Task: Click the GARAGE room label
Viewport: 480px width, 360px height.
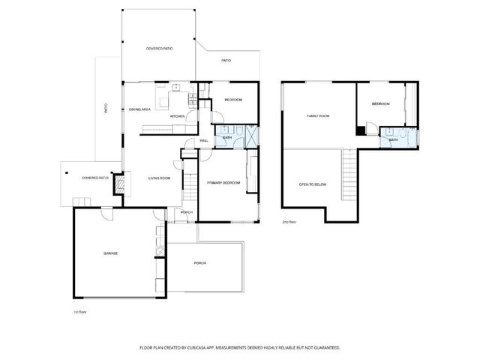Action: [x=110, y=253]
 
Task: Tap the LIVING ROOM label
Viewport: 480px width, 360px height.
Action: [x=159, y=178]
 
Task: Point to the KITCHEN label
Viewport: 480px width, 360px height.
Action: [x=177, y=116]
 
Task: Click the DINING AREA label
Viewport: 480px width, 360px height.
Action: [x=140, y=109]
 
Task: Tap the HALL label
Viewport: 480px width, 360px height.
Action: [x=204, y=140]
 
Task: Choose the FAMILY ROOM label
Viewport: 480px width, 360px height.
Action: [x=318, y=116]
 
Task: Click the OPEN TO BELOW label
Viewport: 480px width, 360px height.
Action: [x=312, y=184]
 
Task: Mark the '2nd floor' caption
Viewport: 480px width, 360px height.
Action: [x=289, y=223]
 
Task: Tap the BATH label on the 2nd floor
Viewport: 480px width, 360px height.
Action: [x=393, y=139]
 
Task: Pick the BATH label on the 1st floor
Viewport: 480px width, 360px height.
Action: [x=227, y=138]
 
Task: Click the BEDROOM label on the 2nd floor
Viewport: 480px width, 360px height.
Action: [x=381, y=103]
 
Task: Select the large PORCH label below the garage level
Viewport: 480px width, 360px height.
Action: [x=200, y=263]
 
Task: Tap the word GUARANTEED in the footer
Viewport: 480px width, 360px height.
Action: [x=325, y=347]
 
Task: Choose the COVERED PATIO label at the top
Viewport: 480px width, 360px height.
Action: [x=159, y=49]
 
